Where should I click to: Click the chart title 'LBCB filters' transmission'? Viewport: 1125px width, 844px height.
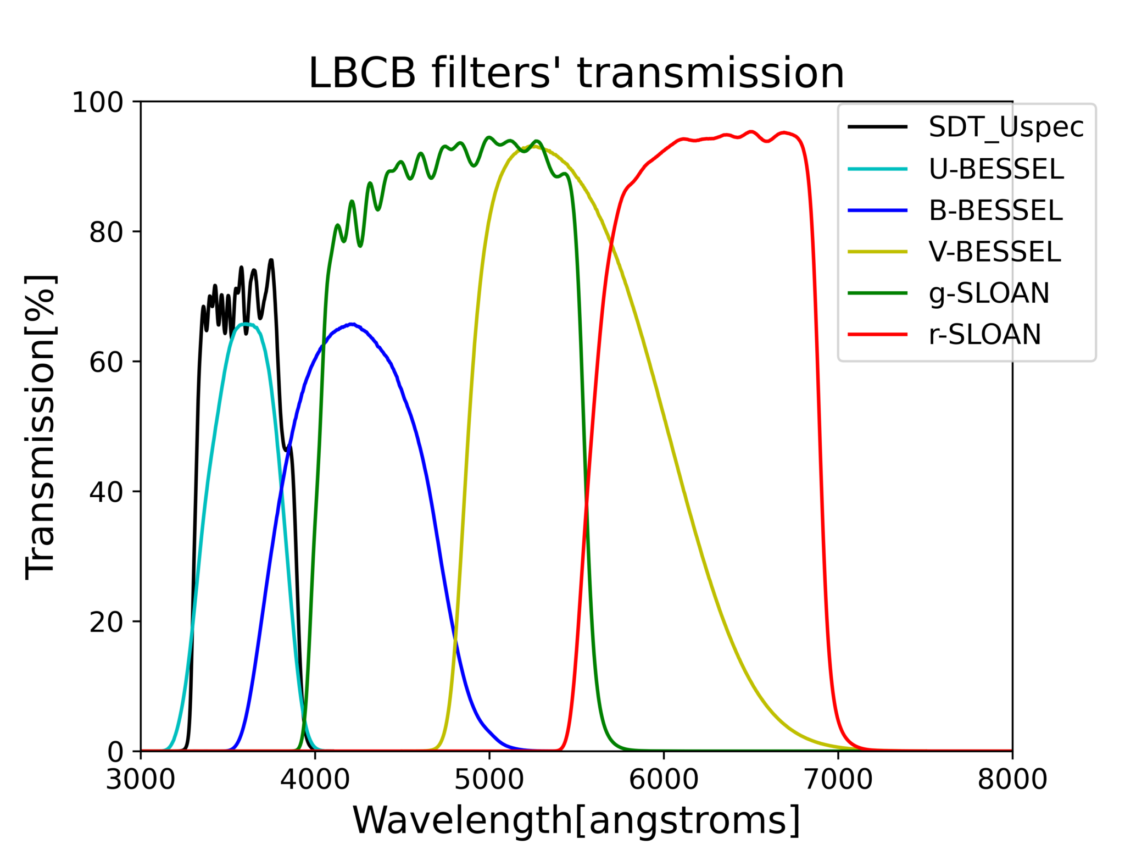pos(576,73)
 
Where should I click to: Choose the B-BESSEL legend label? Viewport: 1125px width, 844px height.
pos(996,210)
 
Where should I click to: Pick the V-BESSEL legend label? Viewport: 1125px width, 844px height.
pos(995,252)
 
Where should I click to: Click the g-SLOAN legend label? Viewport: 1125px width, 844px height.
pos(989,293)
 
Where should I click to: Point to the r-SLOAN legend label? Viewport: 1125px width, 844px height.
pos(985,334)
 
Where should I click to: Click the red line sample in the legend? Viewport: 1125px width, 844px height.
pos(877,334)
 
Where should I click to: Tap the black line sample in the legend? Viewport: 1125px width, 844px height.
pos(877,127)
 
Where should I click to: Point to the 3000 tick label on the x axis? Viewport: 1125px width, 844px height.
pos(141,779)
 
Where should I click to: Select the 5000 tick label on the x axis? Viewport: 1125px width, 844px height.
pos(489,779)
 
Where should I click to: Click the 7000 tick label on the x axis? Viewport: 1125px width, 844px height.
pos(838,779)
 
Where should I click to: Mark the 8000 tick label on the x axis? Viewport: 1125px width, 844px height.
pos(1012,779)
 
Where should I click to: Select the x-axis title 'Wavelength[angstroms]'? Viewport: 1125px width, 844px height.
pos(576,820)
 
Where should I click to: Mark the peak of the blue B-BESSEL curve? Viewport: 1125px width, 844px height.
pos(352,324)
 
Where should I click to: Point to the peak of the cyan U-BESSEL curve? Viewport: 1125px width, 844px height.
pos(245,324)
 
